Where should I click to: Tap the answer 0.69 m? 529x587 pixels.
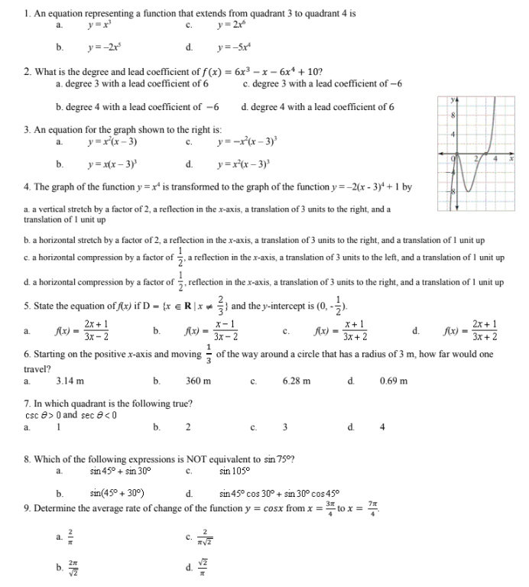tap(393, 381)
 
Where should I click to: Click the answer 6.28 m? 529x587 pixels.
tap(296, 381)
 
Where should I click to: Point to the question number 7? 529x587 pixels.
tap(28, 403)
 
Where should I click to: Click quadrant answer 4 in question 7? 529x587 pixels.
tap(382, 426)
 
